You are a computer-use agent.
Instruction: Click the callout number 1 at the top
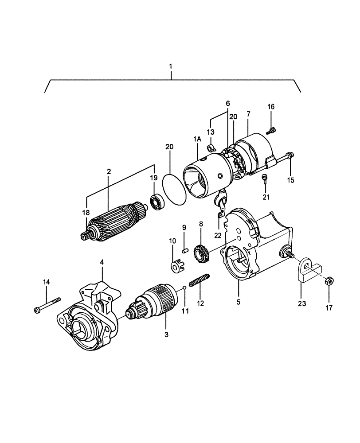pyautogui.click(x=171, y=66)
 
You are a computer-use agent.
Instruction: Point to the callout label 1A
pyautogui.click(x=197, y=140)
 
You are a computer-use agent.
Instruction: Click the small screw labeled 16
pyautogui.click(x=272, y=130)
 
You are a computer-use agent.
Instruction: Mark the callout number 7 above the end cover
pyautogui.click(x=248, y=114)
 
